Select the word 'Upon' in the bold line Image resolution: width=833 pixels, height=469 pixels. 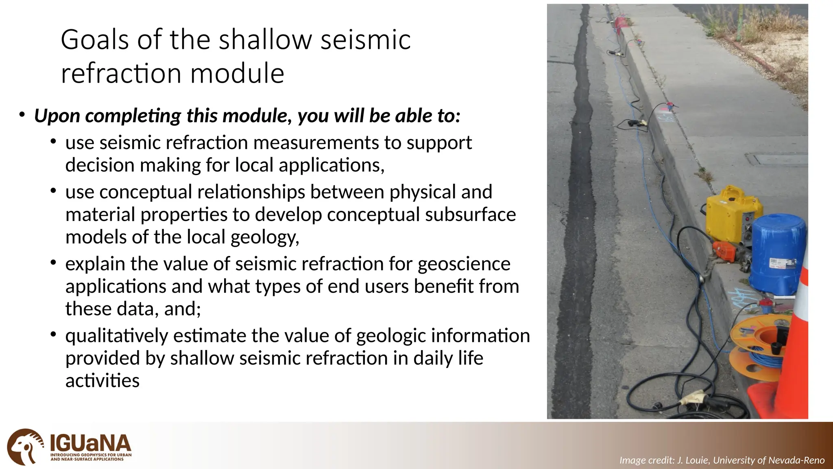point(57,116)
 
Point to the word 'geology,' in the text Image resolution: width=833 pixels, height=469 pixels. point(265,237)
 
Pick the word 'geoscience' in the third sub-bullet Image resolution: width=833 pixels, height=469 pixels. point(464,264)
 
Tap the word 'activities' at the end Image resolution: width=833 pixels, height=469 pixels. point(102,381)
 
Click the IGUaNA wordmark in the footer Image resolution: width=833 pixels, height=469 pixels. point(90,443)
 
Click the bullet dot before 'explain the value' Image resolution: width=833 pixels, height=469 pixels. point(53,263)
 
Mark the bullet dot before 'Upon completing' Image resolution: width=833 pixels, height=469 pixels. point(22,115)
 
